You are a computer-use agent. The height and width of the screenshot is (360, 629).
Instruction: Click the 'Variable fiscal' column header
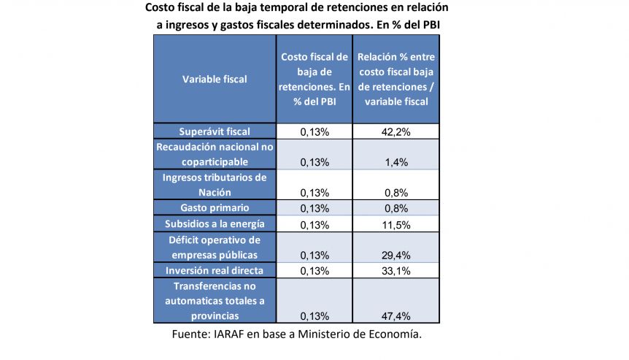tap(215, 79)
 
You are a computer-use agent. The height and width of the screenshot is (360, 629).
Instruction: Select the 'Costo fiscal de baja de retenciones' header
tap(314, 79)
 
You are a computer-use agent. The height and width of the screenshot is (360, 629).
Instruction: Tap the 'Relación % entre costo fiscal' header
tap(396, 79)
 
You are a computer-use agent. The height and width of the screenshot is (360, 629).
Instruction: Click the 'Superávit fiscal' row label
tap(215, 131)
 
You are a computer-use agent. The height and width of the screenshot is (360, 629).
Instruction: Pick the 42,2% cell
tap(396, 132)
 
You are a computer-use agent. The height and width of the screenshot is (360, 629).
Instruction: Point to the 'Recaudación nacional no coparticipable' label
tap(215, 155)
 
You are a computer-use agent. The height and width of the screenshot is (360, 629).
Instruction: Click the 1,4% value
tap(396, 162)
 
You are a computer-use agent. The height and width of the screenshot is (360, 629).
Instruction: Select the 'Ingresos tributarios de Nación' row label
tap(215, 185)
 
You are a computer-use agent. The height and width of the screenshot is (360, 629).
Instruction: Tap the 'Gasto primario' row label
tap(215, 208)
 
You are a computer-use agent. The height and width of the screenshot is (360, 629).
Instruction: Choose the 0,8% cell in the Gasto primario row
tap(396, 208)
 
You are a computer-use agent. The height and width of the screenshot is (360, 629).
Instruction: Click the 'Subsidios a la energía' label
tap(215, 224)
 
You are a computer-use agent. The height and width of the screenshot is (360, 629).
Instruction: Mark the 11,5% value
tap(396, 225)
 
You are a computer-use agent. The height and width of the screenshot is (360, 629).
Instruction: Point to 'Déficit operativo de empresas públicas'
tap(215, 248)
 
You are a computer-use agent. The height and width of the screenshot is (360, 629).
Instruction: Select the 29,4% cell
tap(396, 256)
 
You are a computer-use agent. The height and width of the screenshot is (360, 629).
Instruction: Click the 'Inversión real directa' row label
tap(215, 270)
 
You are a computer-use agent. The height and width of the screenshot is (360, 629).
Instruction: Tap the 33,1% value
tap(396, 271)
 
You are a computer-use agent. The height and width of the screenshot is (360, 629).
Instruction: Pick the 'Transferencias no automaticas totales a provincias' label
tap(215, 301)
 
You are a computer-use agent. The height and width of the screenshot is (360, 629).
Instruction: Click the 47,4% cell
tap(396, 316)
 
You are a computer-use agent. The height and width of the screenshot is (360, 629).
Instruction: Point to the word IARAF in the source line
tap(228, 334)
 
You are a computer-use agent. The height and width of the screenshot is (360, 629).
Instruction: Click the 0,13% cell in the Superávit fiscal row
tap(314, 132)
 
